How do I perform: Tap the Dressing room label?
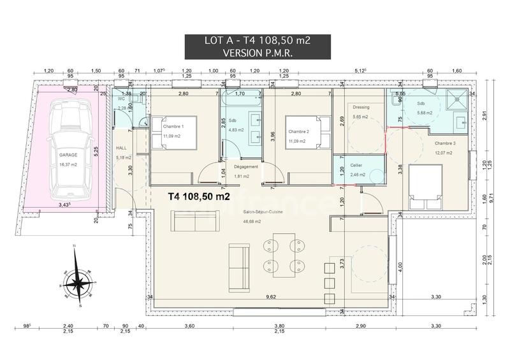coord(361,106)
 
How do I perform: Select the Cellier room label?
coord(357,164)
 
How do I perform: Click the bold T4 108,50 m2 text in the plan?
coord(198,198)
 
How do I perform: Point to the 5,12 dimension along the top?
coord(361,71)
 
